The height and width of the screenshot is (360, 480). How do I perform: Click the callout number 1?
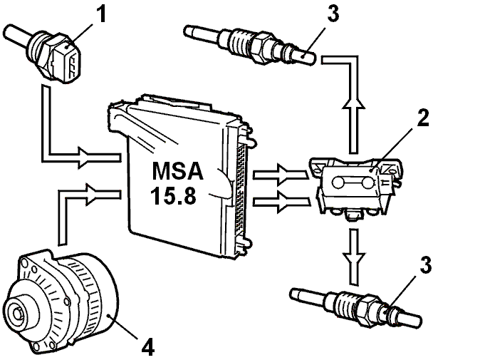point(101,14)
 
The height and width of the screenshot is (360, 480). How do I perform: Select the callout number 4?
point(148,346)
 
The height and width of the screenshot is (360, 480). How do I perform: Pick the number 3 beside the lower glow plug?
point(425,264)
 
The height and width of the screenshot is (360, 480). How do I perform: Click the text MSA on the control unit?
point(177,170)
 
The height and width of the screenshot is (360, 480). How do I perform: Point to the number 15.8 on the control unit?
point(173,195)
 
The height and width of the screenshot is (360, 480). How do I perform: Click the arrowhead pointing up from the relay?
point(353,103)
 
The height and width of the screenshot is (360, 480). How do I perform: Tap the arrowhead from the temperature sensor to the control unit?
point(85,157)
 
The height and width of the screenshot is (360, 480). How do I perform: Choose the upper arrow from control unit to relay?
point(281,175)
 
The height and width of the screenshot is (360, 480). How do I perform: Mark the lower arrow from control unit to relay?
point(281,202)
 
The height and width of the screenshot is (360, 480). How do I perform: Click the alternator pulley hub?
point(18,313)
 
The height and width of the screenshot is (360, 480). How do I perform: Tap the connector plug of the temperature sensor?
point(67,61)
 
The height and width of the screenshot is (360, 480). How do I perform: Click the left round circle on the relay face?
point(338,182)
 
